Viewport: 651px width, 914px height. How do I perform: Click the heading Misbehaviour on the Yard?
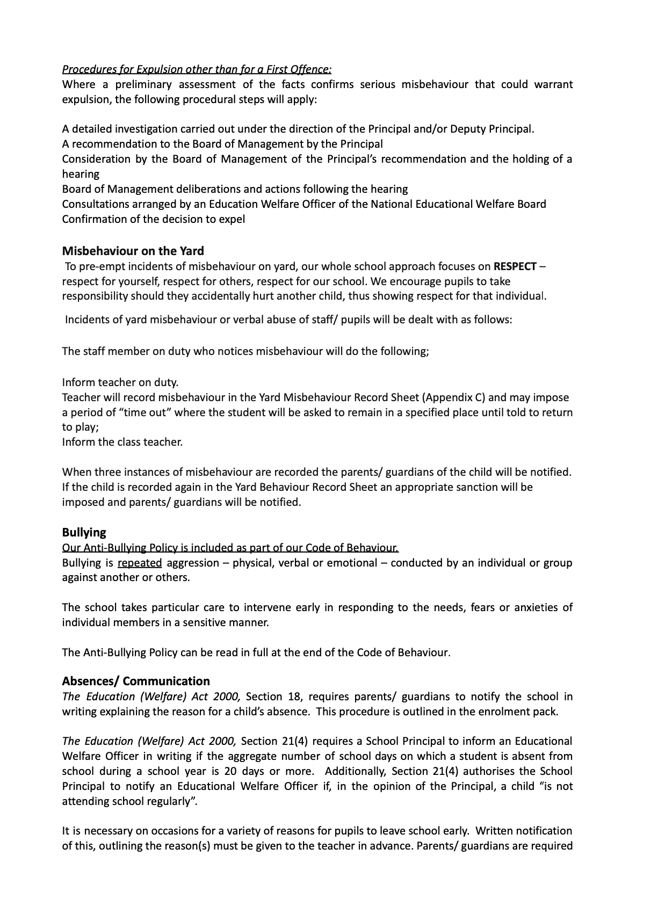pos(133,251)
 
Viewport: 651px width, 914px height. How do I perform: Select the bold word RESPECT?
pos(515,266)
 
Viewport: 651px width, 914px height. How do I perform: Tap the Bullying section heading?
pos(84,532)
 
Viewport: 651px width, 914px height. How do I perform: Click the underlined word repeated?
pos(140,563)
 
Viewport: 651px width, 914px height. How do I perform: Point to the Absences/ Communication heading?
pos(136,681)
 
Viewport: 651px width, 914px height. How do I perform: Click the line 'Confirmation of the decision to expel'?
pos(154,219)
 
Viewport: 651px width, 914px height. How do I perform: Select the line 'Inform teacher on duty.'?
pos(120,382)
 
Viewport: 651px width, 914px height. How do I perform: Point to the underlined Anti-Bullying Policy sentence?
pos(230,548)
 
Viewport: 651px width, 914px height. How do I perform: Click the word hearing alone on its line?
pos(81,174)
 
